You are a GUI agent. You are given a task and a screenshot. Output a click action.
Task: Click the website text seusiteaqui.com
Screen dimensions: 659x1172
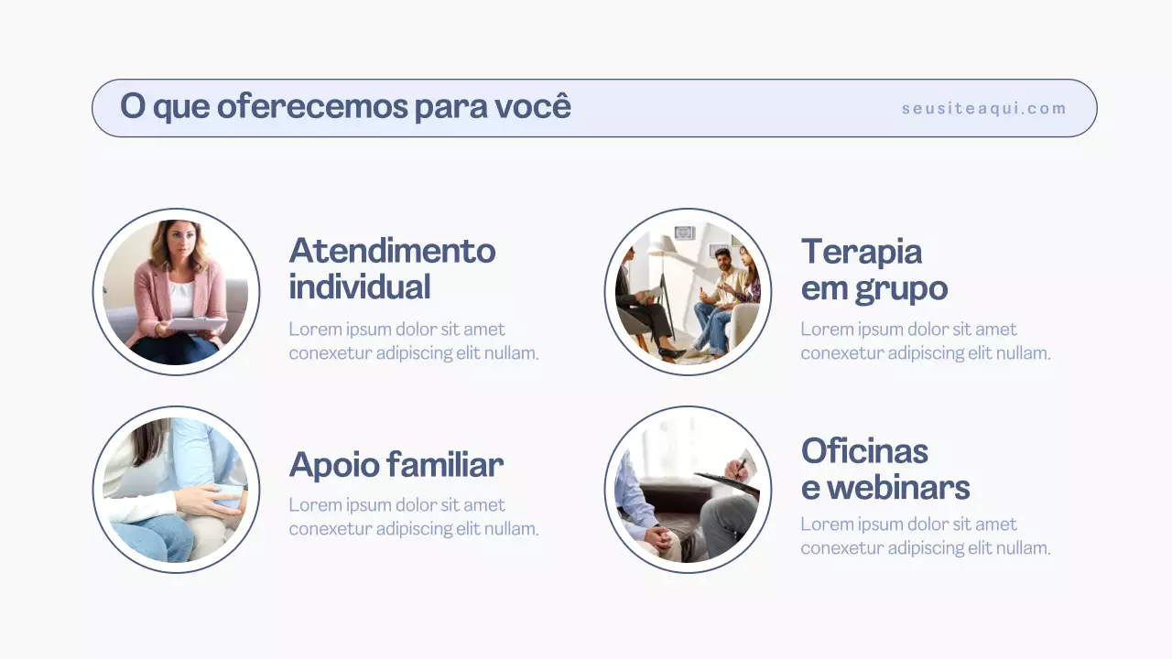pyautogui.click(x=983, y=109)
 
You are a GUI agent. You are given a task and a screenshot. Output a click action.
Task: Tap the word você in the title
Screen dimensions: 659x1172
pyautogui.click(x=533, y=105)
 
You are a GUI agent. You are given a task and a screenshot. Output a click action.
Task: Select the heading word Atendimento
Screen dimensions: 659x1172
pyautogui.click(x=392, y=251)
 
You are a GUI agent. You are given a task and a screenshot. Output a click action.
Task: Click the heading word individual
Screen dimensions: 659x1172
pyautogui.click(x=359, y=287)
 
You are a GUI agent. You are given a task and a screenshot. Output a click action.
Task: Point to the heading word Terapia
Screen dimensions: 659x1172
pyautogui.click(x=861, y=252)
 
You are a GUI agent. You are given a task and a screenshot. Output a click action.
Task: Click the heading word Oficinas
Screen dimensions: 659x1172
pyautogui.click(x=864, y=451)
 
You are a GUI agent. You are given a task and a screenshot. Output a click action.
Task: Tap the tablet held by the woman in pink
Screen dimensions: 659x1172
pyautogui.click(x=195, y=323)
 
